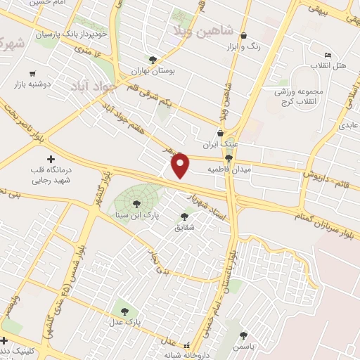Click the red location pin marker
pos(181,165)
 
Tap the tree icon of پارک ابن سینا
pos(136,203)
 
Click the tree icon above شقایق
pos(184,217)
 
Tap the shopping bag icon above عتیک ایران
pos(221,132)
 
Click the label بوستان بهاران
pos(153,71)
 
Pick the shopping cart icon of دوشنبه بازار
pos(32,73)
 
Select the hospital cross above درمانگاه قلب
pos(50,160)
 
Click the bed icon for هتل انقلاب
pos(327,55)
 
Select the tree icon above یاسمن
pos(244,335)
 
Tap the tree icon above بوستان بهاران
pos(153,59)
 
